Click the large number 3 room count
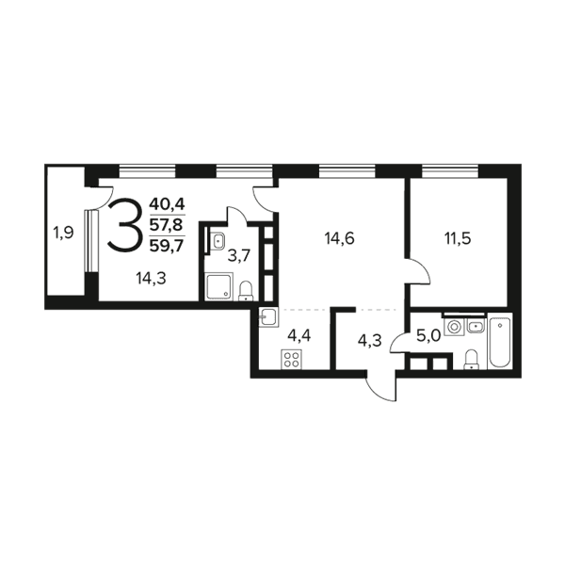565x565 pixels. coord(123,225)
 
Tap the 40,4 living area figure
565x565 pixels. coord(167,205)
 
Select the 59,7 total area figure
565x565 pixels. coord(167,246)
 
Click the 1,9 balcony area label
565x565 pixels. coord(63,234)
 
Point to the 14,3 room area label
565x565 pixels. coord(151,279)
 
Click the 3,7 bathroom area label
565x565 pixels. coord(239,256)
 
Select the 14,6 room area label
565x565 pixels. coord(340,238)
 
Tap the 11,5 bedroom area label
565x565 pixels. coord(458,239)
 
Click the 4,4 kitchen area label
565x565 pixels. coord(299,335)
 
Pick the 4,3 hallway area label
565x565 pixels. coord(369,341)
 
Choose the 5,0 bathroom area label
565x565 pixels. coord(428,336)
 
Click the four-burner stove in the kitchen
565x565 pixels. coord(292,360)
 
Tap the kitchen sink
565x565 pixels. coord(268,317)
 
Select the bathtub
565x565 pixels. coord(499,341)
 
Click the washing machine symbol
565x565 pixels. coord(454,327)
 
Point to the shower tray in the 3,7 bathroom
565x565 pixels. coord(218,287)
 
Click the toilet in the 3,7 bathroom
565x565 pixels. coord(246,291)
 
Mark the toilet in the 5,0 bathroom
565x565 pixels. coord(471,360)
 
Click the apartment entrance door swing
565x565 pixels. coord(380,388)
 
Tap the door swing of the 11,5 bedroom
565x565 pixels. coord(418,271)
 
